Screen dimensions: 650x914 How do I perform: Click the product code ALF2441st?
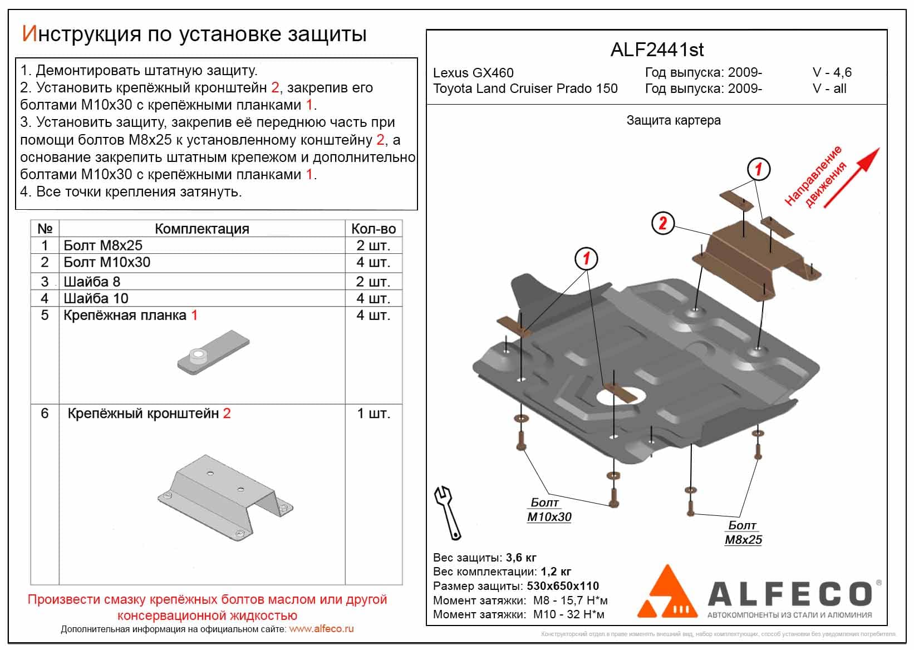(x=657, y=50)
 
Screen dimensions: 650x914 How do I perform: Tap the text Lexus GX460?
(x=473, y=73)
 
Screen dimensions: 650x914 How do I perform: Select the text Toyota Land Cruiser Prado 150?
(x=525, y=88)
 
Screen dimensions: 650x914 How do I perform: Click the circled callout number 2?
(x=662, y=223)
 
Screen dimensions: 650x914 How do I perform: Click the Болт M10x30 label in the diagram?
(x=548, y=510)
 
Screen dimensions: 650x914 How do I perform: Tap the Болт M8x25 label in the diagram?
(x=743, y=533)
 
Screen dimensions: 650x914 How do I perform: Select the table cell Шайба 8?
(x=92, y=282)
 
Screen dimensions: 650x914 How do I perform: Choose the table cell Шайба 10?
(x=96, y=298)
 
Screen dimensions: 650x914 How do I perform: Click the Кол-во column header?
(x=374, y=229)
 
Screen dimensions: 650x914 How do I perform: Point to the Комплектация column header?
(x=202, y=229)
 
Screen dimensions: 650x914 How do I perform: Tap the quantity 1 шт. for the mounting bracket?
(x=374, y=413)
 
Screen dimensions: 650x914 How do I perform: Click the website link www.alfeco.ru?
(x=321, y=629)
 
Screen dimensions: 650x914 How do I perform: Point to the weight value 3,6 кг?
(x=521, y=558)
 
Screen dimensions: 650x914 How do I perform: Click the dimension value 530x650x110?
(x=563, y=586)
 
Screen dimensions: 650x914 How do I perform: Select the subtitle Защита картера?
(x=673, y=120)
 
